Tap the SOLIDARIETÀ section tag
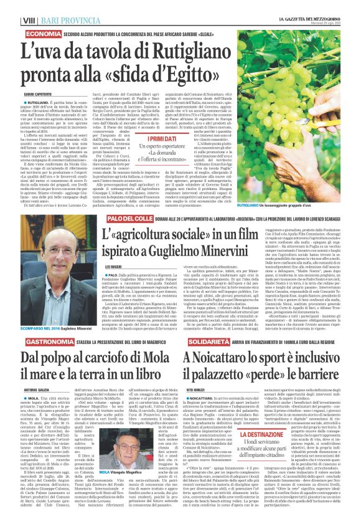point(211,343)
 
